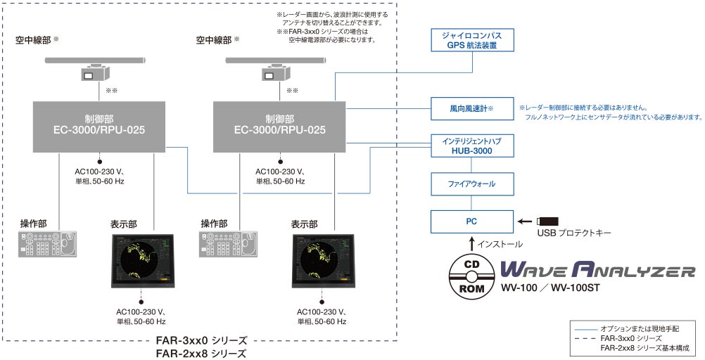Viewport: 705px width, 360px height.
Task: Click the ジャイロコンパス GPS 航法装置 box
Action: pos(471,40)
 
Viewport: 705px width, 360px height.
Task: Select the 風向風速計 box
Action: pos(471,108)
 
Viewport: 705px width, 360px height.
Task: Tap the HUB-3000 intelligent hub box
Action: pos(471,146)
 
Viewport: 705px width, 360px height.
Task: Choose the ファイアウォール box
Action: pos(471,184)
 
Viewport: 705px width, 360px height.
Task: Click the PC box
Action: pos(471,221)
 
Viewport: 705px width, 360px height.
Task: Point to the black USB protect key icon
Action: pos(547,221)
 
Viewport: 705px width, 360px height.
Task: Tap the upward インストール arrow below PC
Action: pos(471,244)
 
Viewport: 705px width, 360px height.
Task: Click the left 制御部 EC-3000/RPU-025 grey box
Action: pos(99,127)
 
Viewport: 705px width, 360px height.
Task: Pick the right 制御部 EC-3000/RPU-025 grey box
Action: pos(279,127)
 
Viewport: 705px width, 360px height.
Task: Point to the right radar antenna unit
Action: pos(275,67)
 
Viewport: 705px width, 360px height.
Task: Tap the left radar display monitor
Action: pos(142,260)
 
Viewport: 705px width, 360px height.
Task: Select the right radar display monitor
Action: pos(323,260)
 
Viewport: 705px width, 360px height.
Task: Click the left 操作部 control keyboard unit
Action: pos(48,244)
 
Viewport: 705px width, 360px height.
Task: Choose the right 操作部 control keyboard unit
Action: pos(229,244)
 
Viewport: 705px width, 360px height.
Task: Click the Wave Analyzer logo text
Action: pos(598,271)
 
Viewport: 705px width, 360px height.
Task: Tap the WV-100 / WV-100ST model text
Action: pos(550,288)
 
